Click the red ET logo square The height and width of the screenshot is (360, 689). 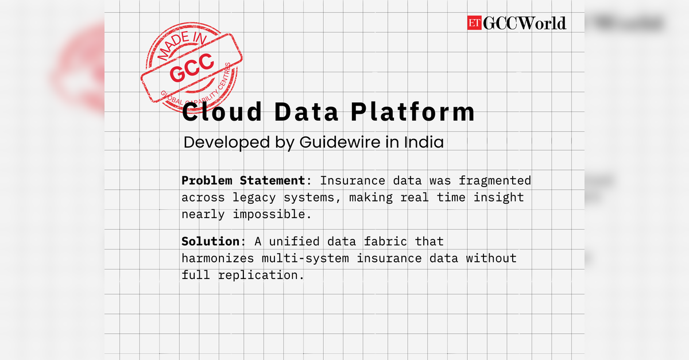tap(474, 23)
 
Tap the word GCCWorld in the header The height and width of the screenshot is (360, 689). tap(524, 23)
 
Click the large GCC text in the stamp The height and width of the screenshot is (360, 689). tap(192, 67)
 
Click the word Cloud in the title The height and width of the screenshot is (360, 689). tap(222, 111)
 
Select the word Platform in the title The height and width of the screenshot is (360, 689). tap(413, 111)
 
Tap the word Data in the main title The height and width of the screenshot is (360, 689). tap(307, 112)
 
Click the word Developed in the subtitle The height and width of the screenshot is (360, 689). tap(226, 143)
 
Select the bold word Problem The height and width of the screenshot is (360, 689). tap(207, 180)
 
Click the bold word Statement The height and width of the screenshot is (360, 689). tap(272, 180)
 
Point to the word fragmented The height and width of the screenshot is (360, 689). tap(494, 181)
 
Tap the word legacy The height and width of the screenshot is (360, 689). tap(254, 198)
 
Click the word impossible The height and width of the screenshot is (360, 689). tap(269, 215)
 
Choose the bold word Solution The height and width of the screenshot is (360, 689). tap(210, 241)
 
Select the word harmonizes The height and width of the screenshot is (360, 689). tap(218, 258)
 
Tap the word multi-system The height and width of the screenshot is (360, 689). tap(305, 259)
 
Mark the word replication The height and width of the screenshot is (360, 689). tap(258, 276)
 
